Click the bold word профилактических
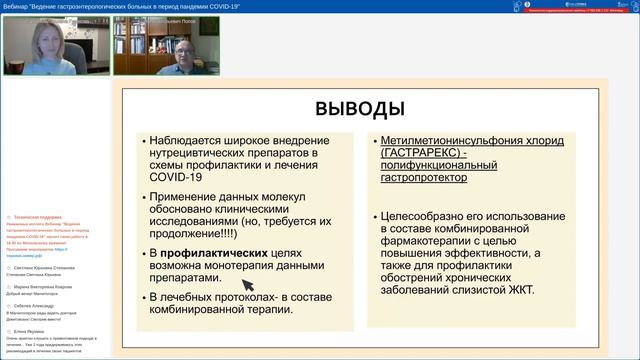214,253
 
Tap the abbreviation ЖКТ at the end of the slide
518,291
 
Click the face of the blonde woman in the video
47,41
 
